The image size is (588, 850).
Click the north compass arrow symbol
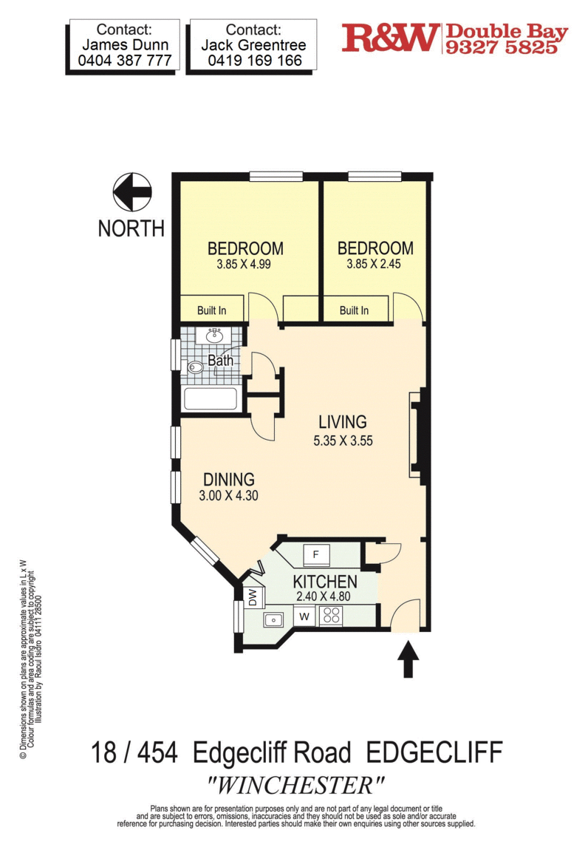click(132, 192)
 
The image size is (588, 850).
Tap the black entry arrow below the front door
click(408, 659)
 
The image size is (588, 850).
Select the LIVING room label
click(343, 422)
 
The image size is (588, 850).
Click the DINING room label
click(229, 479)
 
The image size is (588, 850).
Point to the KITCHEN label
click(324, 582)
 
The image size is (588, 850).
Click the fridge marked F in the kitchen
click(316, 555)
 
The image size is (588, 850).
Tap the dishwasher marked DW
click(253, 598)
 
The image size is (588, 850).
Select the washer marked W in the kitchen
click(304, 616)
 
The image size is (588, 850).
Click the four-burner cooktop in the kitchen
click(331, 616)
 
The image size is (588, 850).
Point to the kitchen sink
click(273, 619)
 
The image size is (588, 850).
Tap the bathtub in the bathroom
click(211, 399)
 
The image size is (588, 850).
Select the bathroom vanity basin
click(215, 336)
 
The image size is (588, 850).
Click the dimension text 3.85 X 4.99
click(244, 265)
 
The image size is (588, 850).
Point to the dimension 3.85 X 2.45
click(374, 264)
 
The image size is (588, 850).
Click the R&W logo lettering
click(389, 38)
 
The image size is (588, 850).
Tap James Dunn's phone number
click(125, 60)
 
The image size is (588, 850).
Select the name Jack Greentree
click(253, 45)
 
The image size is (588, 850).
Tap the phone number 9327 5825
click(502, 47)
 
